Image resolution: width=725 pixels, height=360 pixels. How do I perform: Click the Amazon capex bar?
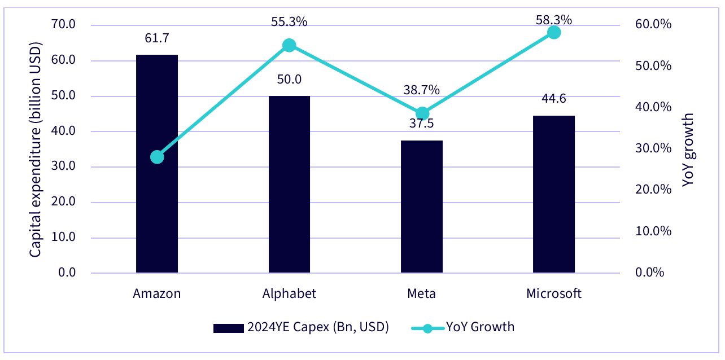157,164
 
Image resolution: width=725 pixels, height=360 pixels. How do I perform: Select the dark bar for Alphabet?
289,185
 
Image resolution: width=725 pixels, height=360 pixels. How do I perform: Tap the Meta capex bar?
422,207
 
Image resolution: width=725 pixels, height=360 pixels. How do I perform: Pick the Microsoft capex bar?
554,194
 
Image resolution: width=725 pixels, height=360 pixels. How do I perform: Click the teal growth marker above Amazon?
157,157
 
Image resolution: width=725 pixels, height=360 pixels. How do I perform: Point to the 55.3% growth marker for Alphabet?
289,45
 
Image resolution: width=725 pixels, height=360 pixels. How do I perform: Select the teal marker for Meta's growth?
422,113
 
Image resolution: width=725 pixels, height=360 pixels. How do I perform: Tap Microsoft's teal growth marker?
554,32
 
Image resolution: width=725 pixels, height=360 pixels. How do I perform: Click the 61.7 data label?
157,38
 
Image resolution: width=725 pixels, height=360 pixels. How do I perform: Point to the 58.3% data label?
554,20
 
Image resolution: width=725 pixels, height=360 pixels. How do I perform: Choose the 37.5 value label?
421,124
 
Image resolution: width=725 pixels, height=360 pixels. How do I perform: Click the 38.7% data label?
421,90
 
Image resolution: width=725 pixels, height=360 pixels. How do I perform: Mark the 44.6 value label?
554,99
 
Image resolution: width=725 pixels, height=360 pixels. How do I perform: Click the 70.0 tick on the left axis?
63,24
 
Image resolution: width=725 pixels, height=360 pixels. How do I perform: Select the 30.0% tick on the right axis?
653,148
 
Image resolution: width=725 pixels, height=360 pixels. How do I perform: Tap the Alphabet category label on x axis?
289,293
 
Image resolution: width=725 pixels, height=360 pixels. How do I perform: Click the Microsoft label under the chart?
554,293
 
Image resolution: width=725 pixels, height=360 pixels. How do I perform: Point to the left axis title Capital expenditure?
35,150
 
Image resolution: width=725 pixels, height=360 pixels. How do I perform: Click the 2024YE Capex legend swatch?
229,328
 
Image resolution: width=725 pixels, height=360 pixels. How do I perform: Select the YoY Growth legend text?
481,327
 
